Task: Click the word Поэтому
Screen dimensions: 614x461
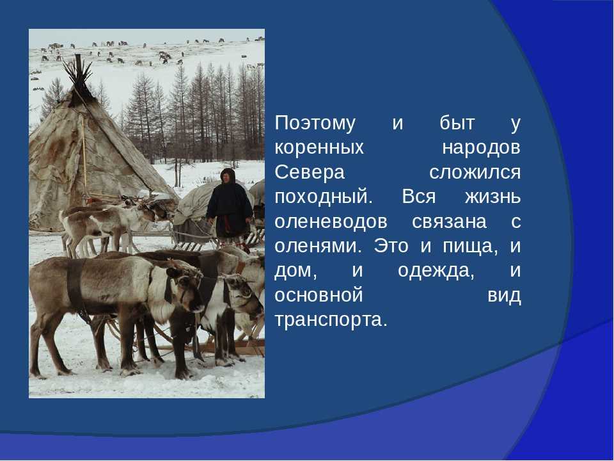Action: [x=315, y=123]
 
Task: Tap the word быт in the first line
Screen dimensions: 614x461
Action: [x=457, y=123]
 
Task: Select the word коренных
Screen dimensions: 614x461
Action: [x=319, y=148]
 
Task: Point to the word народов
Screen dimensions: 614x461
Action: [x=481, y=148]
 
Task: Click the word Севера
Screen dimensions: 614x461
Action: [x=310, y=172]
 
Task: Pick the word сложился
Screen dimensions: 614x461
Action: [x=475, y=172]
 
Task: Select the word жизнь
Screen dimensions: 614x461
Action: [x=493, y=197]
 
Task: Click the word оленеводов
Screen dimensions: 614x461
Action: [x=331, y=222]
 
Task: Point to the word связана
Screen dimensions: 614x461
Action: [x=449, y=222]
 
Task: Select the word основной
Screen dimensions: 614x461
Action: [x=319, y=295]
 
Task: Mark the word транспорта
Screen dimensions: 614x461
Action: [x=331, y=320]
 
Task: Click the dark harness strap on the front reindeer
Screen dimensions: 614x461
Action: [x=74, y=284]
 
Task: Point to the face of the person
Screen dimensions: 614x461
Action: [x=226, y=177]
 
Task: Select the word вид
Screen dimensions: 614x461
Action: [x=504, y=295]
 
